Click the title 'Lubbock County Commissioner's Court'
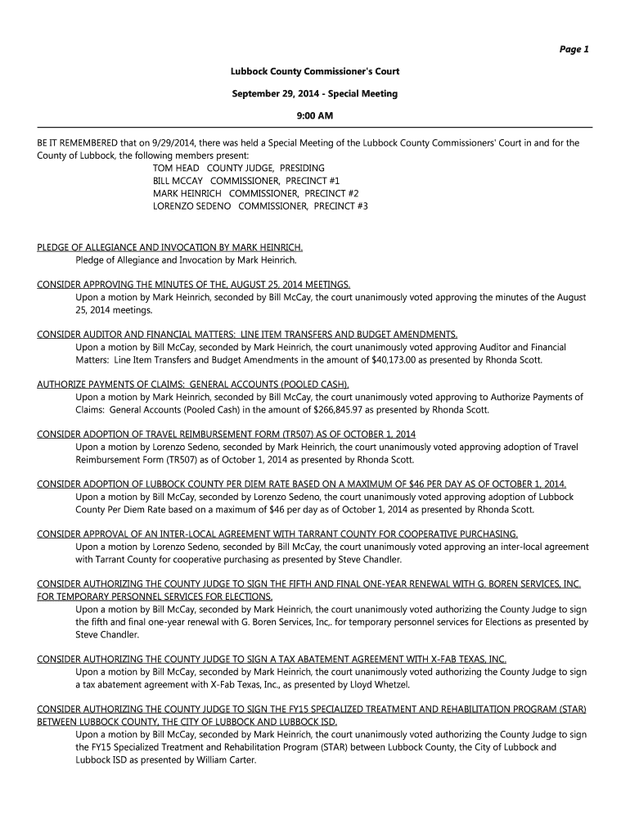point(315,71)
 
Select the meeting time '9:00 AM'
point(315,115)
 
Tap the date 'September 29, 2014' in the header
point(274,93)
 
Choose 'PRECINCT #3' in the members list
point(340,207)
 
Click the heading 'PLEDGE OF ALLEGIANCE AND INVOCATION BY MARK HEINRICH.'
point(170,247)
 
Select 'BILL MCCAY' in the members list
point(178,181)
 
